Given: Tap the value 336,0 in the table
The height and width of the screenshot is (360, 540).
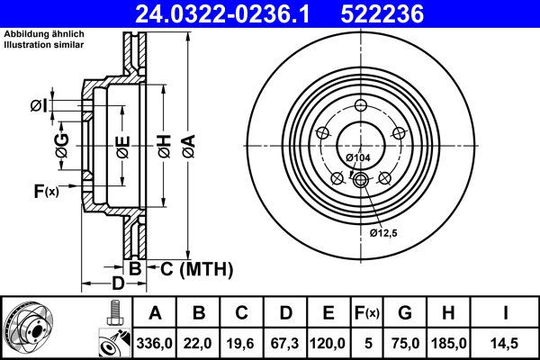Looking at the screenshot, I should click(x=154, y=343).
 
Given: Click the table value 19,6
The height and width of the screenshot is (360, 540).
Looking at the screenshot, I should click(x=242, y=343).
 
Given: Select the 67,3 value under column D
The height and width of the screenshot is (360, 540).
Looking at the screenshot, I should click(x=285, y=343).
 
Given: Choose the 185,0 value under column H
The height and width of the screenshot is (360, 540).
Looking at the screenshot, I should click(x=448, y=343).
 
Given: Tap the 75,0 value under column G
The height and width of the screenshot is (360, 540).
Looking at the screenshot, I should click(x=406, y=343).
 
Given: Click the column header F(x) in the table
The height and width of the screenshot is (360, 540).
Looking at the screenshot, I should click(x=367, y=313).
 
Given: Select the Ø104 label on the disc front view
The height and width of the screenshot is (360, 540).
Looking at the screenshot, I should click(x=358, y=157).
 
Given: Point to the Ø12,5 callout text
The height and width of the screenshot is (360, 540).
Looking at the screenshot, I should click(x=384, y=232).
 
